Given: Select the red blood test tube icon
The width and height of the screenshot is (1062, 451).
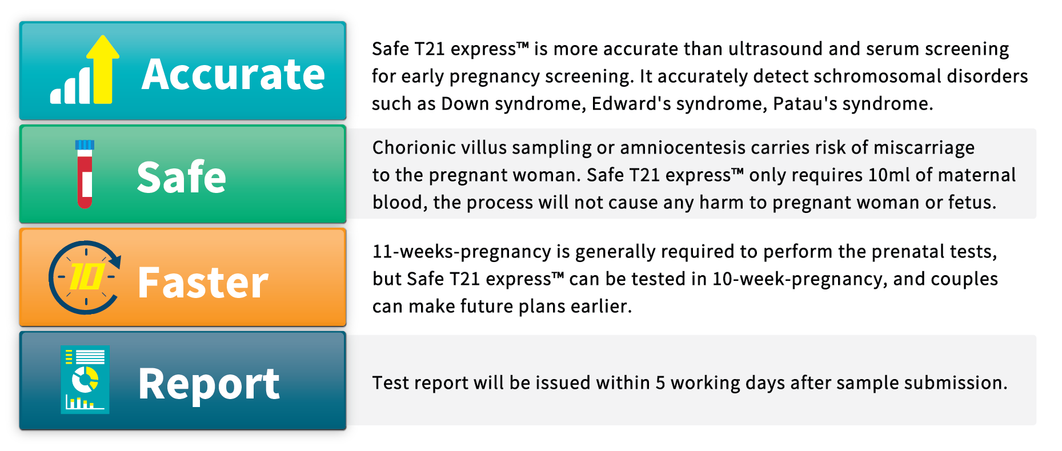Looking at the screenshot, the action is [85, 174].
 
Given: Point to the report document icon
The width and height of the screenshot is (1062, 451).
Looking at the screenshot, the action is [85, 380].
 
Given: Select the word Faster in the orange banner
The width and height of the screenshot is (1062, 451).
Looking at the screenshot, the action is [203, 282].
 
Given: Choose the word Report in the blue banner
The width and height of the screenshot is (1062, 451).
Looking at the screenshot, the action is [209, 384].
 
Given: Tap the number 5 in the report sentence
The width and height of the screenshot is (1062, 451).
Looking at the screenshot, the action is [660, 383].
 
